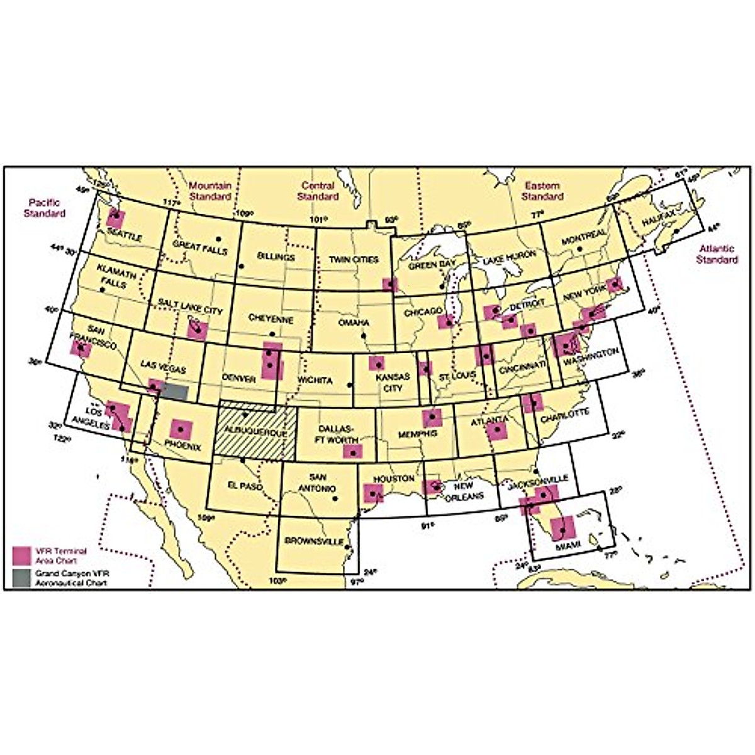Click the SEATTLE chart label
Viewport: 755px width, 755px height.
pos(125,237)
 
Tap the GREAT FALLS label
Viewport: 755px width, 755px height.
pos(199,247)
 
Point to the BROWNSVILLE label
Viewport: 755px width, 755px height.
pos(314,541)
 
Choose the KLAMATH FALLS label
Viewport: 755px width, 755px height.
pos(112,276)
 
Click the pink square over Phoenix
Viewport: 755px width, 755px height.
pos(181,429)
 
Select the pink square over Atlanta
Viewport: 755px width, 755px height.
pos(497,430)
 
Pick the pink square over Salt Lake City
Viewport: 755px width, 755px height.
pos(196,329)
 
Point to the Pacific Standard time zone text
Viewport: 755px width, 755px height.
pos(44,208)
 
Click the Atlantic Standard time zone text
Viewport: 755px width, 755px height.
pos(717,254)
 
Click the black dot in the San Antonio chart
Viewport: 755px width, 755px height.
pos(335,500)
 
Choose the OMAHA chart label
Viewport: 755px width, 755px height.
pos(353,323)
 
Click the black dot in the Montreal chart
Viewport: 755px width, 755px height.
pos(582,247)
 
